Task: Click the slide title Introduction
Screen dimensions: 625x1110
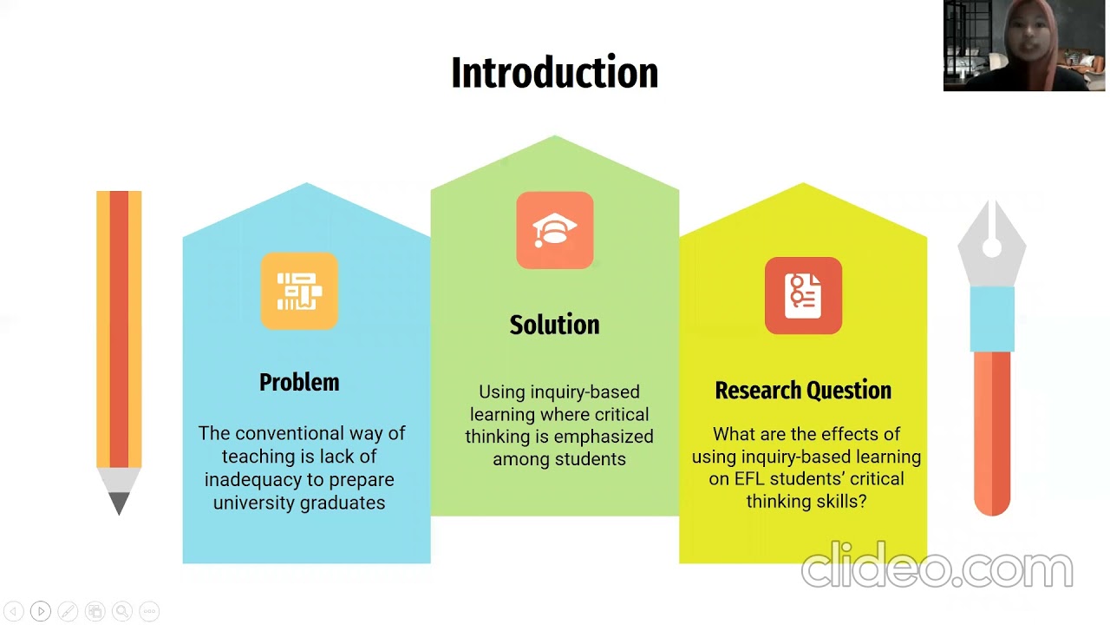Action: coord(555,73)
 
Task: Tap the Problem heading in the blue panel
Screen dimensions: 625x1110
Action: coord(299,382)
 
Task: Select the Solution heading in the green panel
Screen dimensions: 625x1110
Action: coord(554,325)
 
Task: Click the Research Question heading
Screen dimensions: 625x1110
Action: coord(803,391)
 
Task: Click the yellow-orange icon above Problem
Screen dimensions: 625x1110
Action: coord(299,292)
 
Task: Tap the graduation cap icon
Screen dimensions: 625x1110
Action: coord(555,231)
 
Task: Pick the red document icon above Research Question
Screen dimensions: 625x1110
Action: coord(803,295)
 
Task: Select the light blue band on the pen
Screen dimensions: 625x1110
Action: coord(992,319)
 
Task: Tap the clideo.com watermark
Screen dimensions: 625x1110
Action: coord(937,569)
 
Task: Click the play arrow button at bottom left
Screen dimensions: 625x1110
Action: coord(40,611)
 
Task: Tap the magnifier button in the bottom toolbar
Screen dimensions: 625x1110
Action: coord(122,611)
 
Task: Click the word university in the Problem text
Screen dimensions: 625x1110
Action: coord(256,503)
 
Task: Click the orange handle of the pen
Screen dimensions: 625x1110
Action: coord(992,434)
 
